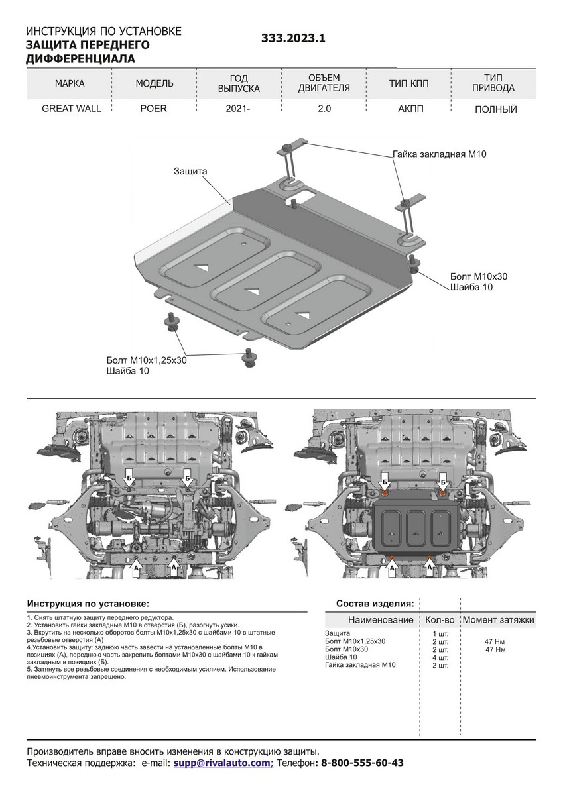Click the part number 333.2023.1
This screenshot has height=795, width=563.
tap(294, 39)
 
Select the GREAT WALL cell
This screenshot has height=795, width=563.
tap(72, 109)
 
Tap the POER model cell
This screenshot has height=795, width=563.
tap(153, 109)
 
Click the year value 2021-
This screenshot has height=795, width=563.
tap(238, 109)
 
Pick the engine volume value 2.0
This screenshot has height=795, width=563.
tap(324, 109)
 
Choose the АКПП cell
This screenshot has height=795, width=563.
tap(409, 109)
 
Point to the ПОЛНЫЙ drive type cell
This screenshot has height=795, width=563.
tap(495, 109)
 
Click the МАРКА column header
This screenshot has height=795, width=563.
tap(70, 83)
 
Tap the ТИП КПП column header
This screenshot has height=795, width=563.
tap(409, 83)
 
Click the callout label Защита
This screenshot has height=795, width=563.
tap(191, 171)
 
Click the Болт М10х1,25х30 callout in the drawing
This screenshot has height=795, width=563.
tap(146, 360)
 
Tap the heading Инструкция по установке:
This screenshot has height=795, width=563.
tap(88, 604)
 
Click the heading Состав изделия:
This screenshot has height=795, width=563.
tap(375, 604)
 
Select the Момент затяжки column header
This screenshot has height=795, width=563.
tap(498, 620)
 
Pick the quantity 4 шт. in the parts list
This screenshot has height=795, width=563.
tap(440, 657)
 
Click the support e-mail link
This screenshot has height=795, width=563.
tap(221, 763)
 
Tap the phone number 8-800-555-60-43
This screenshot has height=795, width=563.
tap(362, 763)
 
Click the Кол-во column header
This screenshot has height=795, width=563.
tap(439, 620)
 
